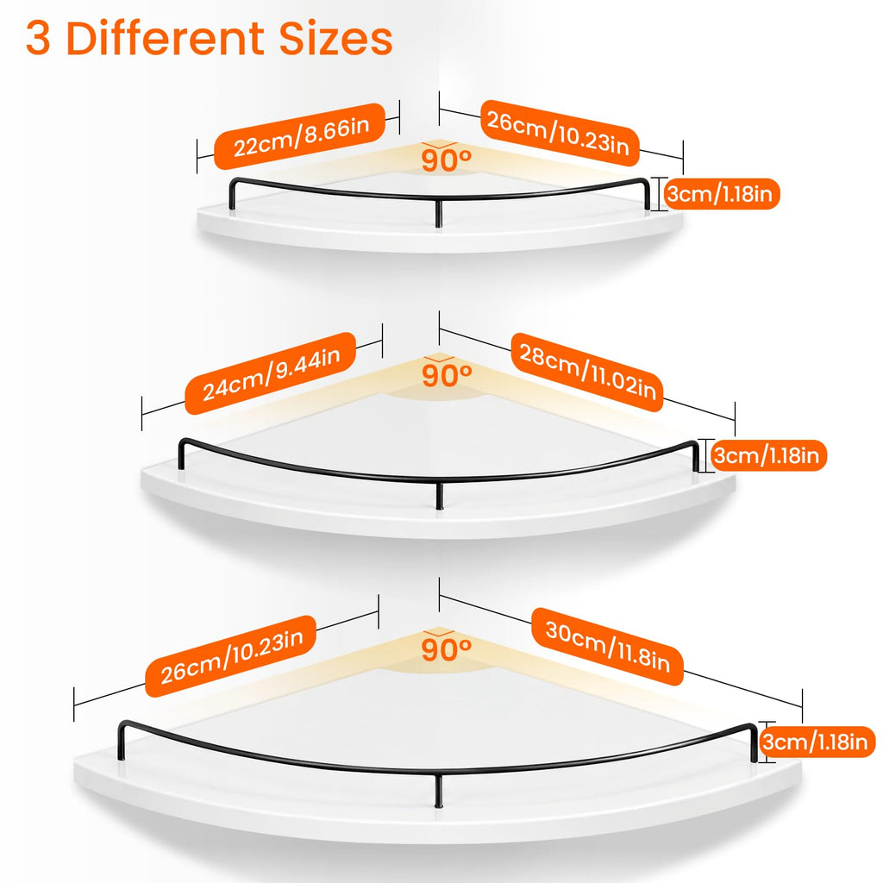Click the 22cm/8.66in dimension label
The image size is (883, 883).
tap(299, 135)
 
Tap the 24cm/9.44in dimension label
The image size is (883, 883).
tap(270, 373)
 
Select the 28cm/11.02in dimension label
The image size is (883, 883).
tap(586, 372)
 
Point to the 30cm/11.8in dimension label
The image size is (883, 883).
tap(607, 647)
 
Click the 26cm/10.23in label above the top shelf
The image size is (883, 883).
tap(559, 134)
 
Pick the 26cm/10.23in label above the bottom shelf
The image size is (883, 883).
tap(231, 656)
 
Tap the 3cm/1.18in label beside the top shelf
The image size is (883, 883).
tap(722, 194)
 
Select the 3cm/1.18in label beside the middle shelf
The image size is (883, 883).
tap(768, 455)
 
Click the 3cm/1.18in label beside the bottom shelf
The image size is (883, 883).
tap(817, 742)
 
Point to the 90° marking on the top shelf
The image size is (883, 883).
tap(446, 160)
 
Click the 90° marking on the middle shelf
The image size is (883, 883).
tap(447, 376)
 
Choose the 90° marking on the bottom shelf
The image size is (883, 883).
tap(446, 649)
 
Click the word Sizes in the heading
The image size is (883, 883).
tap(335, 38)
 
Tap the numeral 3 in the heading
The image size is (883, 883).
tap(37, 38)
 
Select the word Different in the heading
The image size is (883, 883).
tap(166, 38)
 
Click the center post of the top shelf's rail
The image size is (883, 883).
tap(439, 213)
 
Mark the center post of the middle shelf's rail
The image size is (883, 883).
tap(440, 494)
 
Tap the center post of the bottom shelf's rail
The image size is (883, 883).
tap(439, 791)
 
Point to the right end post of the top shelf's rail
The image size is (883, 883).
tap(647, 194)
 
